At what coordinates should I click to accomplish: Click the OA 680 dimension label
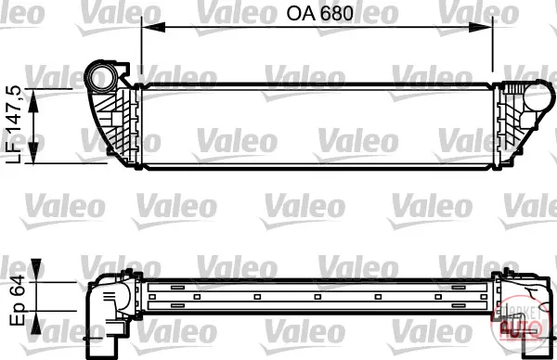[319, 14]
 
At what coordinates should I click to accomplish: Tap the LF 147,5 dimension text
[15, 124]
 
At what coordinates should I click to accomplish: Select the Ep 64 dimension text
[17, 301]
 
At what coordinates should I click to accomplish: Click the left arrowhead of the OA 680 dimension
[153, 27]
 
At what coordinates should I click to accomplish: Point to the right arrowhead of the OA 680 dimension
[481, 27]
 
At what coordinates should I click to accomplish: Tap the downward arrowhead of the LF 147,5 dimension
[33, 152]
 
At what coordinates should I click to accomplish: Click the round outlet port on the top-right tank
[538, 96]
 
